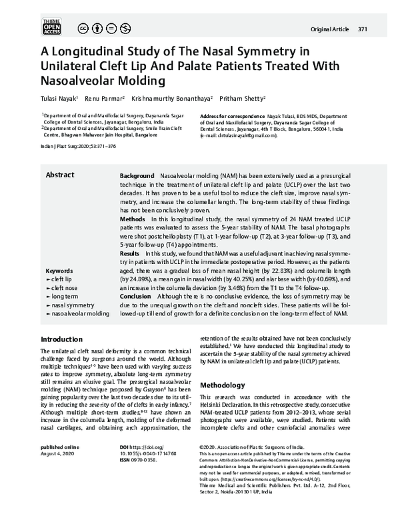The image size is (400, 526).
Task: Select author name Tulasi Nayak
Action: pyautogui.click(x=59, y=98)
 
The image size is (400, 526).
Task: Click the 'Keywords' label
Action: pyautogui.click(x=59, y=271)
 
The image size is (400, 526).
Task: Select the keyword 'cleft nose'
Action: pyautogui.click(x=64, y=287)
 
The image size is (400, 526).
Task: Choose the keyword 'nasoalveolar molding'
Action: pyautogui.click(x=77, y=313)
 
